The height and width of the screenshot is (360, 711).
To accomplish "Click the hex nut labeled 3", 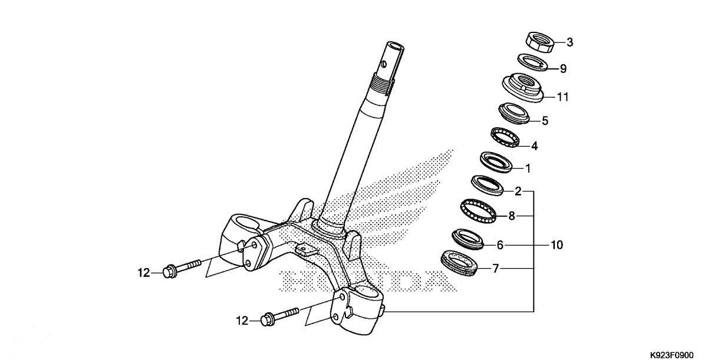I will coord(539,42).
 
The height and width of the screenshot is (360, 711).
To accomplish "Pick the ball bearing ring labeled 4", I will coord(505,137).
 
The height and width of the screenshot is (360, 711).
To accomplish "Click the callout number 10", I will coord(557,244).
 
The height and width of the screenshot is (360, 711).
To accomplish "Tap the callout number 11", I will coord(563,97).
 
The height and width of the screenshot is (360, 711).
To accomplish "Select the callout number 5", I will coord(545,121).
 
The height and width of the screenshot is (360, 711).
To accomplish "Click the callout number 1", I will coord(528,169).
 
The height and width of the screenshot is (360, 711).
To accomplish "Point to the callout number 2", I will coord(518,191).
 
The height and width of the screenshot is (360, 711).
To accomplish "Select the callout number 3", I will coord(570,42).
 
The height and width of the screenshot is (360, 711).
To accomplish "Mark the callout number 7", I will coord(496,269).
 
